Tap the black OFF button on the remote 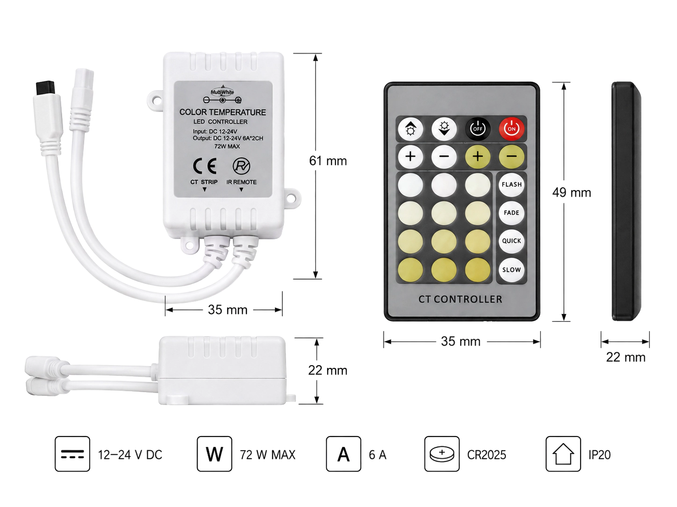pos(477,129)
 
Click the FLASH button pos(511,184)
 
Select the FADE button pos(511,213)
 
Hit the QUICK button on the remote pos(511,241)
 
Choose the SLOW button pos(511,270)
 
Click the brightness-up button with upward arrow pos(411,129)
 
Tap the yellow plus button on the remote pos(477,157)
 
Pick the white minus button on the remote pos(444,157)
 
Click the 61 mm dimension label pos(328,161)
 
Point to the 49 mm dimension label pos(571,193)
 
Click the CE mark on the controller pos(204,166)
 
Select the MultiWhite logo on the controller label pos(223,92)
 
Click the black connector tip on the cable pos(45,88)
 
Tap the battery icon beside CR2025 pos(442,454)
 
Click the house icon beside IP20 pos(563,454)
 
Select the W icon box pos(214,454)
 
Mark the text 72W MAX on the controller pos(227,147)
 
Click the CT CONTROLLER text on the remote pos(460,299)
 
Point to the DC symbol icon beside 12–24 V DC pos(72,454)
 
